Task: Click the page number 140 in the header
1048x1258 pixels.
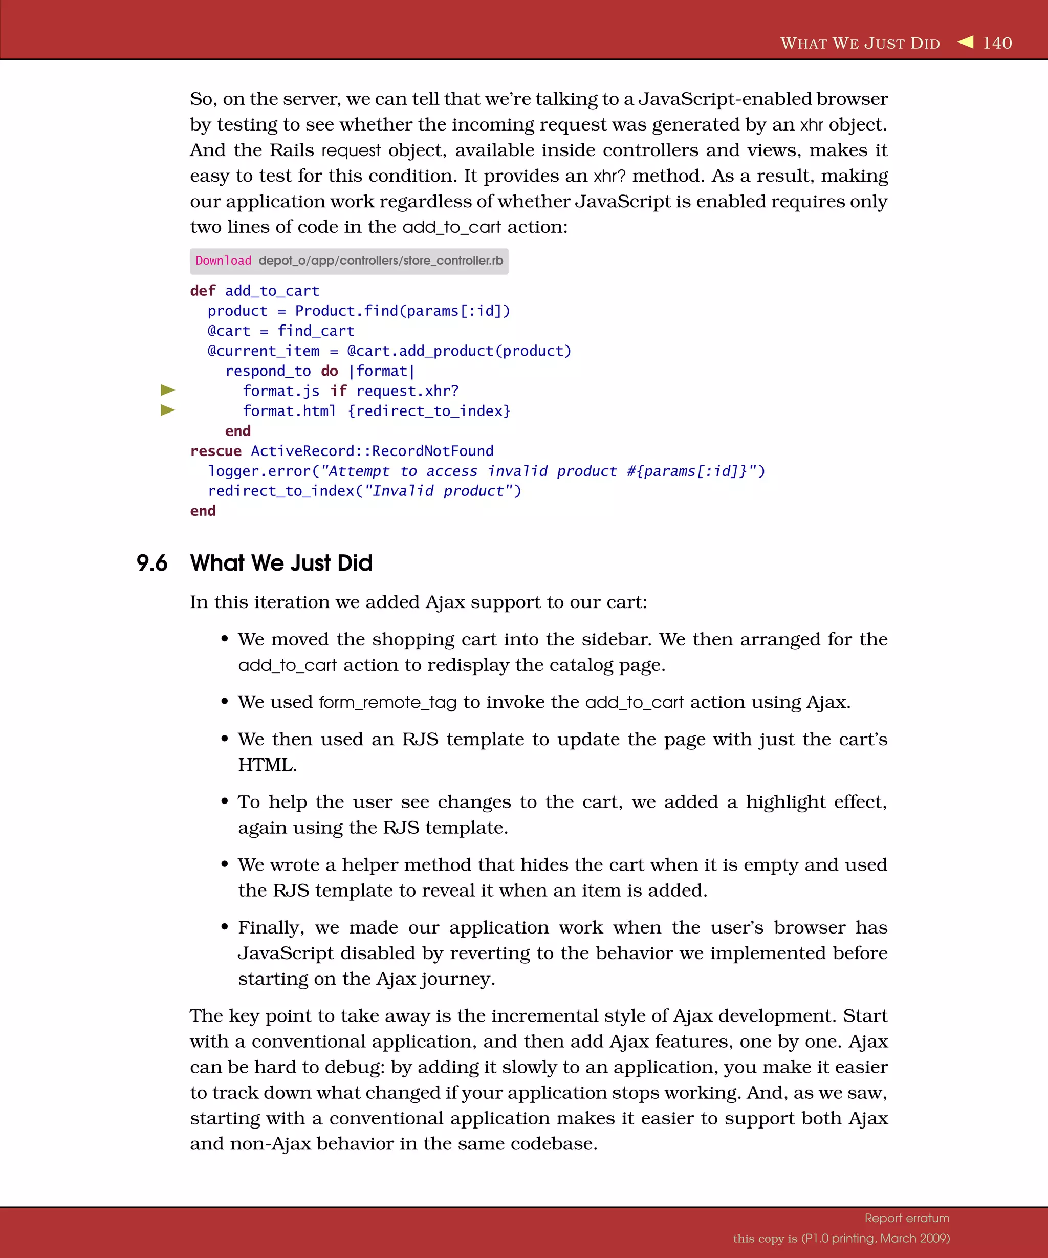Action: pyautogui.click(x=997, y=43)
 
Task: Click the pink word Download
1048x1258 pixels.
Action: pyautogui.click(x=224, y=261)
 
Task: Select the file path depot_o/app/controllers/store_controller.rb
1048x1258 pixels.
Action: pyautogui.click(x=380, y=261)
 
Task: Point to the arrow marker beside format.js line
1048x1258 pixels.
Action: pyautogui.click(x=168, y=391)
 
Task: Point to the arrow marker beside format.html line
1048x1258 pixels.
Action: pyautogui.click(x=168, y=410)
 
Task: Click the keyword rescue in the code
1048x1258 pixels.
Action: pyautogui.click(x=215, y=451)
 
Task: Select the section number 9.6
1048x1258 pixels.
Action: pyautogui.click(x=152, y=563)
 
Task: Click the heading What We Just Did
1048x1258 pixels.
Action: pyautogui.click(x=281, y=563)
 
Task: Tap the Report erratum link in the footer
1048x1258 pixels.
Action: pyautogui.click(x=907, y=1218)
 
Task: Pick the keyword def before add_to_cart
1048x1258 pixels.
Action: pyautogui.click(x=203, y=291)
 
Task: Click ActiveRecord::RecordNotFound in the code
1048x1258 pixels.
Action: pyautogui.click(x=372, y=451)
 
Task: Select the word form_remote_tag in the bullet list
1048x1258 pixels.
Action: pyautogui.click(x=387, y=702)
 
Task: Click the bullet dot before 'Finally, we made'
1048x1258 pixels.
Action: pyautogui.click(x=225, y=927)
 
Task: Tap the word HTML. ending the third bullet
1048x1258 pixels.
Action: pyautogui.click(x=267, y=765)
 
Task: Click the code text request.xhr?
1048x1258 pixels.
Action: pyautogui.click(x=407, y=391)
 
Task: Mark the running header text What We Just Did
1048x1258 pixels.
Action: pyautogui.click(x=860, y=43)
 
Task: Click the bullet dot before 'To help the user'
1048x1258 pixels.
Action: pyautogui.click(x=225, y=801)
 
